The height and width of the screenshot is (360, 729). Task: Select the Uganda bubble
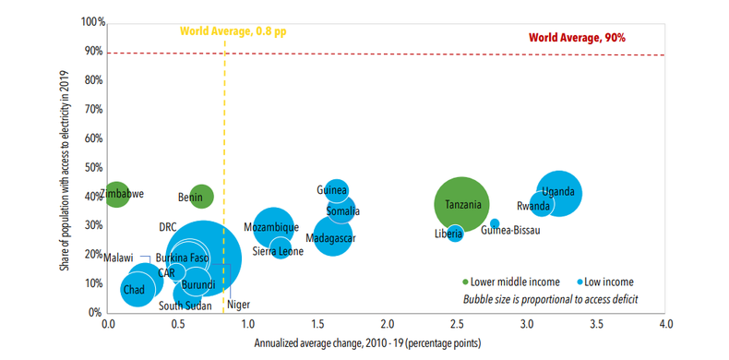pyautogui.click(x=558, y=194)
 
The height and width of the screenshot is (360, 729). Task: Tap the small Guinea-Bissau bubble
pyautogui.click(x=495, y=224)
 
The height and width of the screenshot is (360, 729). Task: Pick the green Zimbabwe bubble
pyautogui.click(x=116, y=194)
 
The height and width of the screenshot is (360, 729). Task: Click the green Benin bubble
pyautogui.click(x=200, y=196)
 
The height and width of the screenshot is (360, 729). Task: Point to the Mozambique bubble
pyautogui.click(x=271, y=227)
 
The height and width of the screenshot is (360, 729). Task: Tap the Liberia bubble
pyautogui.click(x=454, y=234)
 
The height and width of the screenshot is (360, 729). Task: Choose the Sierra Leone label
pyautogui.click(x=278, y=251)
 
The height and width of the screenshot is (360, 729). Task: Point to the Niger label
pyautogui.click(x=238, y=305)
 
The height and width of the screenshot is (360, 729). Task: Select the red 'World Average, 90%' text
pyautogui.click(x=577, y=38)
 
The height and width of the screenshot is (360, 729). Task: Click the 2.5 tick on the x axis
pyautogui.click(x=456, y=325)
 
